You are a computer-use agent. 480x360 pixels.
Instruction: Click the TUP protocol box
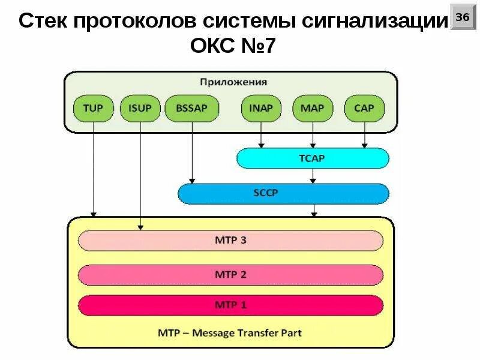[x=93, y=109]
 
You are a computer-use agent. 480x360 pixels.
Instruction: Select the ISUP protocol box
[x=140, y=109]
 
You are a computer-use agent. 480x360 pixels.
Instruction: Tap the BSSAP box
[x=191, y=109]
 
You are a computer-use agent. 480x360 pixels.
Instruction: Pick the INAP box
[x=260, y=109]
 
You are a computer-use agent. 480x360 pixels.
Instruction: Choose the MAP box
[x=312, y=109]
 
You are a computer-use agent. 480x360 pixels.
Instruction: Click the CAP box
[x=364, y=109]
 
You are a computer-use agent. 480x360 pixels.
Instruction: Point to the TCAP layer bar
[x=312, y=158]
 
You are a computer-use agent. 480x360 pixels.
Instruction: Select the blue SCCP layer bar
[x=283, y=194]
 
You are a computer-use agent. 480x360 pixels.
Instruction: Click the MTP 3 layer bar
[x=230, y=241]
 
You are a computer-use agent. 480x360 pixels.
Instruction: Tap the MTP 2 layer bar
[x=230, y=274]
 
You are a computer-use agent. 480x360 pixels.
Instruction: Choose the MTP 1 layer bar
[x=230, y=305]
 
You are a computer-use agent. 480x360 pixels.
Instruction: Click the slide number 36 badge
[x=462, y=18]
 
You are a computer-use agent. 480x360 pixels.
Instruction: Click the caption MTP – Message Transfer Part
[x=230, y=332]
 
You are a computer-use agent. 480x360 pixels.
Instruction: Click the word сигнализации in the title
[x=375, y=22]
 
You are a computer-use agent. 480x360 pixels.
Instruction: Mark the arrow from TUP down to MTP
[x=93, y=168]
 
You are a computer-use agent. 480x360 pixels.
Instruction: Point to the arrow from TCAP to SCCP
[x=312, y=176]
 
